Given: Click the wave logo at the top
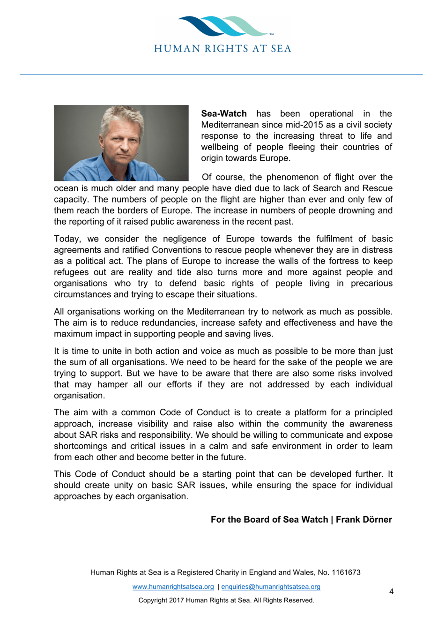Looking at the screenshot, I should pyautogui.click(x=223, y=26).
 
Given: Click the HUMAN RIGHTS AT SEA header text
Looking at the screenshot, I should pyautogui.click(x=222, y=49).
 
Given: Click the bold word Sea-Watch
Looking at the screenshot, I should pyautogui.click(x=223, y=114).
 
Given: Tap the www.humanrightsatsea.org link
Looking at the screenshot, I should pyautogui.click(x=173, y=587).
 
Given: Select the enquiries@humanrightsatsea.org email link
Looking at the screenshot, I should pyautogui.click(x=271, y=587).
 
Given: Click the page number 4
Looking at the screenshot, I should pyautogui.click(x=391, y=592).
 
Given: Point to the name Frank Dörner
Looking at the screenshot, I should pyautogui.click(x=363, y=520).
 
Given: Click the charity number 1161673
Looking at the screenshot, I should pyautogui.click(x=346, y=573).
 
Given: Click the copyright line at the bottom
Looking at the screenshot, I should pyautogui.click(x=226, y=600).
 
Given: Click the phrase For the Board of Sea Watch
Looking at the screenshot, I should pyautogui.click(x=269, y=520).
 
